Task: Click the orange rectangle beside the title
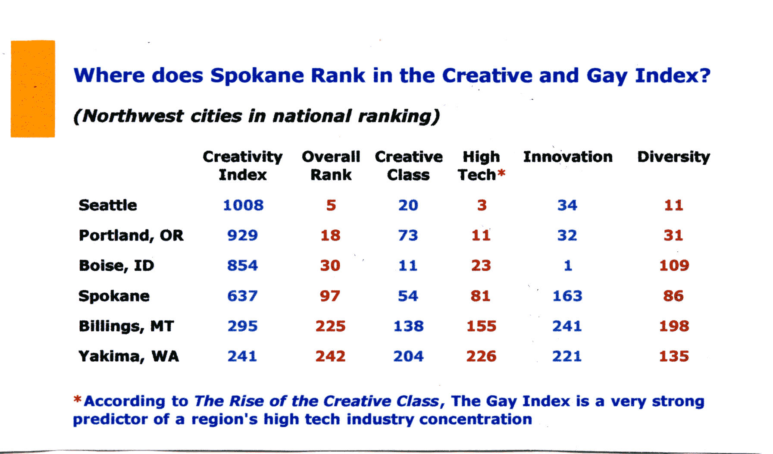pos(33,89)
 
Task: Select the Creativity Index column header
pos(243,166)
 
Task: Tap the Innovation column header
pos(568,157)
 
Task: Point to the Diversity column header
pos(673,157)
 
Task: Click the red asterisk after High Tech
pos(501,173)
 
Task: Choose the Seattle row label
pos(108,205)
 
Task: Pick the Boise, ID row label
pos(116,266)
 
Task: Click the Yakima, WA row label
pos(128,357)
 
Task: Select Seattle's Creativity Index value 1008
pos(243,205)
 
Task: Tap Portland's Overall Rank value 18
pos(331,235)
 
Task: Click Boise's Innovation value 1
pos(568,266)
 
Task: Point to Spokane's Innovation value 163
pos(567,296)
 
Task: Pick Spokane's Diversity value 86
pos(673,296)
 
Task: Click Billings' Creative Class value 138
pos(408,326)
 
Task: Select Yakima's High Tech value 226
pos(481,356)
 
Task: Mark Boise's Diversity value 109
pos(674,266)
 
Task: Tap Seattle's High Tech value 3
pos(482,205)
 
